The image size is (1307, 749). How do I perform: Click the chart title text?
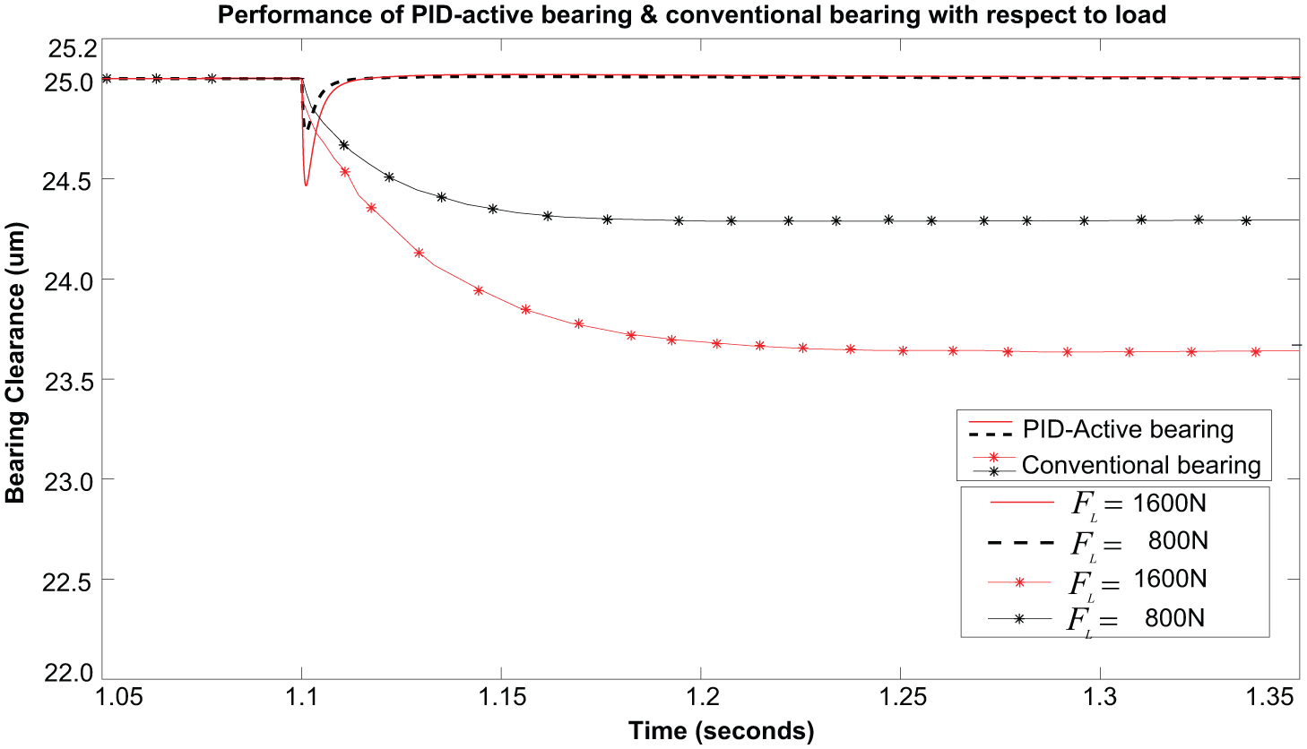tap(692, 14)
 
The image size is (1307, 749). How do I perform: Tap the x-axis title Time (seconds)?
tap(721, 731)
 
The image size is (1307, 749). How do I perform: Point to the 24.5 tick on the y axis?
tap(67, 182)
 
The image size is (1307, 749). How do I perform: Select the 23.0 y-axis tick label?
tap(67, 482)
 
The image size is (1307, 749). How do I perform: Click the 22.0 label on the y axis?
tap(67, 673)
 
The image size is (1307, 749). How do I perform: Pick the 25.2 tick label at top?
tap(73, 49)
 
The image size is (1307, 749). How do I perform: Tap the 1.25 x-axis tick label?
tap(901, 697)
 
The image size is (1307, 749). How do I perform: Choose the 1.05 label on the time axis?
tap(119, 697)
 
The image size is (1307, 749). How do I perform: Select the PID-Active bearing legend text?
tap(1128, 429)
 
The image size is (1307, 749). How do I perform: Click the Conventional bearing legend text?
tap(1141, 465)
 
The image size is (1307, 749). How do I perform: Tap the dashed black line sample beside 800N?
tap(1021, 543)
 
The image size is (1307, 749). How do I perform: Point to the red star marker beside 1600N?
tap(1019, 581)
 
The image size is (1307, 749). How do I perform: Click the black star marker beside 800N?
tap(1019, 619)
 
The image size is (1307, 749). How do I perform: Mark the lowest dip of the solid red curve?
tap(306, 185)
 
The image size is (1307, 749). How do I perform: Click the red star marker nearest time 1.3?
tap(1068, 352)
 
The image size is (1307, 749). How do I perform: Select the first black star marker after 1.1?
tap(343, 144)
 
